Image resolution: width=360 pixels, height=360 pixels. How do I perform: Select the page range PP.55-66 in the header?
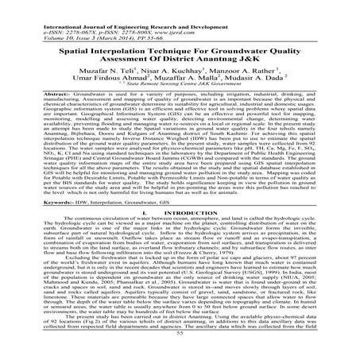132,21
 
